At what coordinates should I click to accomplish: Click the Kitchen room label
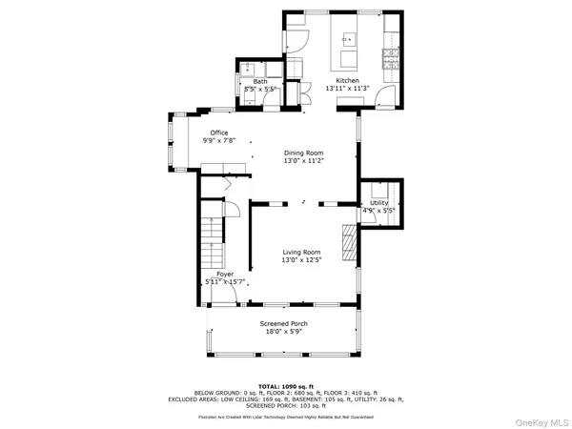[x=347, y=81]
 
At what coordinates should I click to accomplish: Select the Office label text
[x=219, y=133]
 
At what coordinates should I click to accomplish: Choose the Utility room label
[x=378, y=203]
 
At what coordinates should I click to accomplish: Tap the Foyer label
[x=225, y=274]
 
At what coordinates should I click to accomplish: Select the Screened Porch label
[x=284, y=324]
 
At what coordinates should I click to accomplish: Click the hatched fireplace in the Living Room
[x=350, y=243]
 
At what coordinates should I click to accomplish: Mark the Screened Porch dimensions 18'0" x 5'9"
[x=284, y=333]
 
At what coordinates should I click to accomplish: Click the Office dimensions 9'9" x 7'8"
[x=219, y=140]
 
